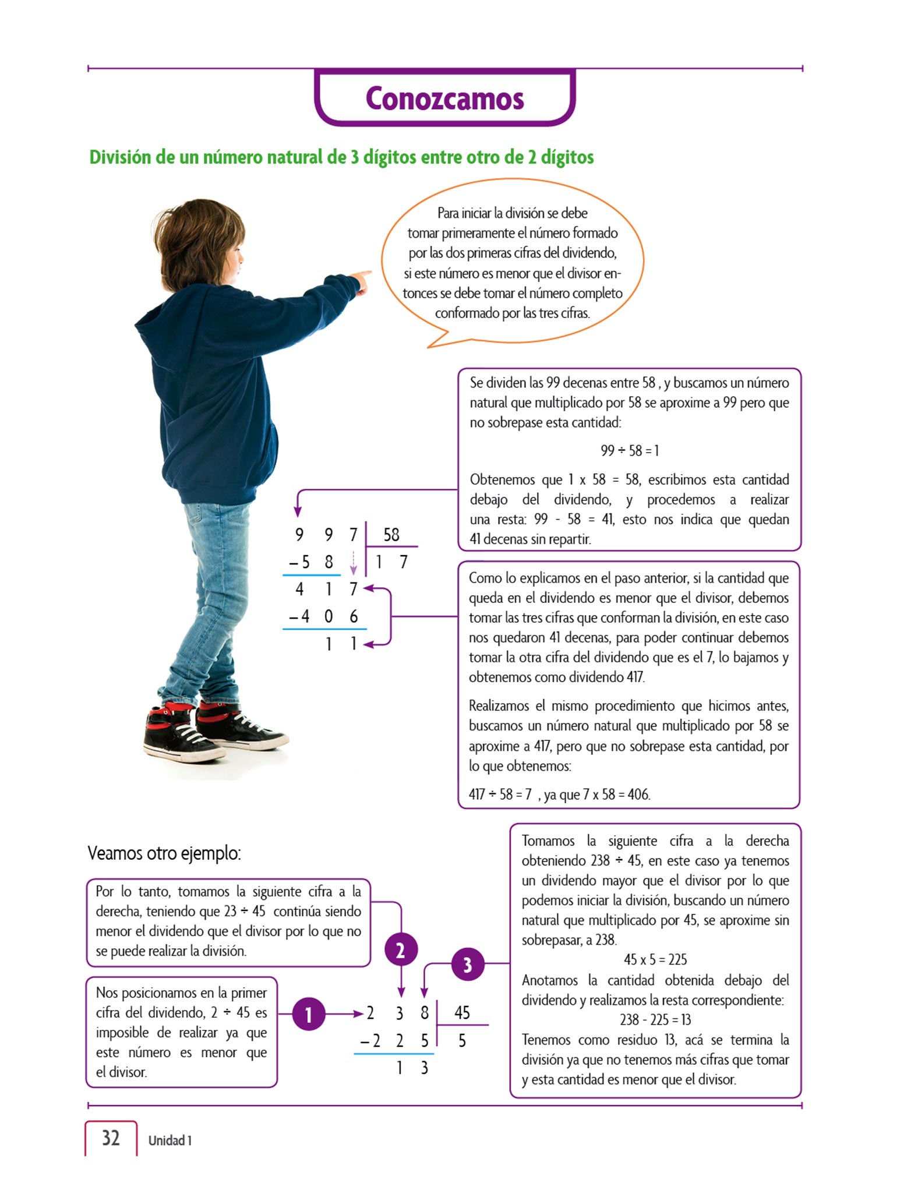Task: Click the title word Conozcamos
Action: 444,98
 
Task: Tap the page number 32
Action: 111,1138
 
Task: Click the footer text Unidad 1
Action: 170,1140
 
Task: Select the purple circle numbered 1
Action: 308,1014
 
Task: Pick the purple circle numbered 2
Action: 401,950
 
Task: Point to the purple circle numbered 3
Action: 467,964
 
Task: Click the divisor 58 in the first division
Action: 391,534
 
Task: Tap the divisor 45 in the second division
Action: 462,1012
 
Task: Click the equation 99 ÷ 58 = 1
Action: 629,450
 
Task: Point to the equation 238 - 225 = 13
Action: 655,1019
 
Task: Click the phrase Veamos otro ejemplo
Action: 164,853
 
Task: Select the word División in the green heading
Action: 120,157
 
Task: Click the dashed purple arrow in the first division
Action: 353,562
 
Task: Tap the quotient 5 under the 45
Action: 462,1040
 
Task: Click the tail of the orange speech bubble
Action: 440,340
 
